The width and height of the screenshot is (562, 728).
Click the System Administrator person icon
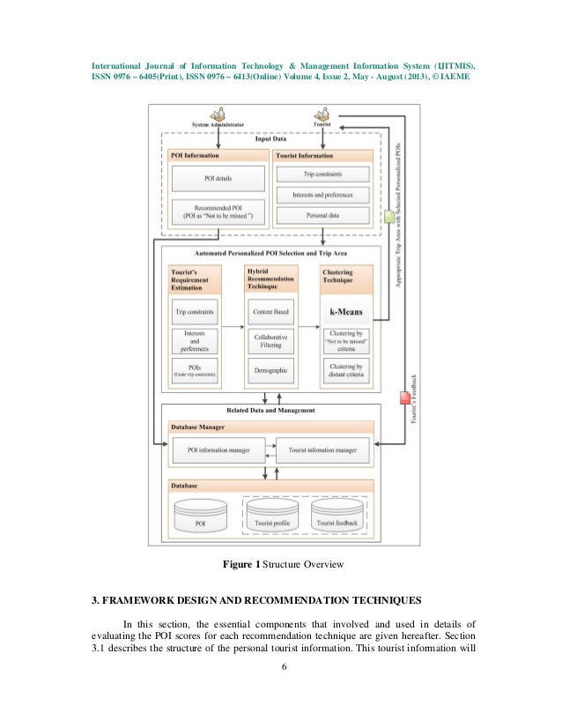[x=218, y=115]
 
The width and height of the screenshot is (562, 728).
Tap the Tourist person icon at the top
[x=322, y=115]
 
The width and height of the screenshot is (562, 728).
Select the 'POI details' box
[x=217, y=177]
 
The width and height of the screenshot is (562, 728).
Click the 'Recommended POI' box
[x=217, y=212]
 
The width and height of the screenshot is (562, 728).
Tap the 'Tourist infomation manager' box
[x=322, y=451]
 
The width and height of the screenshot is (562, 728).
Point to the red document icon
[x=405, y=397]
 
